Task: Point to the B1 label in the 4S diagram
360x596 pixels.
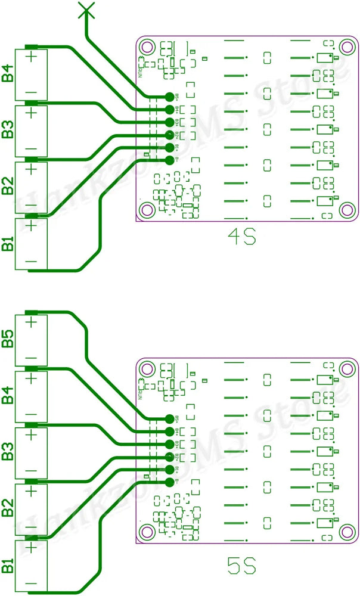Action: (x=8, y=244)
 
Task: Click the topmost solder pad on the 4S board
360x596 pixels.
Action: (x=169, y=97)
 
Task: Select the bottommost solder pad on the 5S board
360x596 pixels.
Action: (x=169, y=482)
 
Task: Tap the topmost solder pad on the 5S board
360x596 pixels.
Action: (x=169, y=418)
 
